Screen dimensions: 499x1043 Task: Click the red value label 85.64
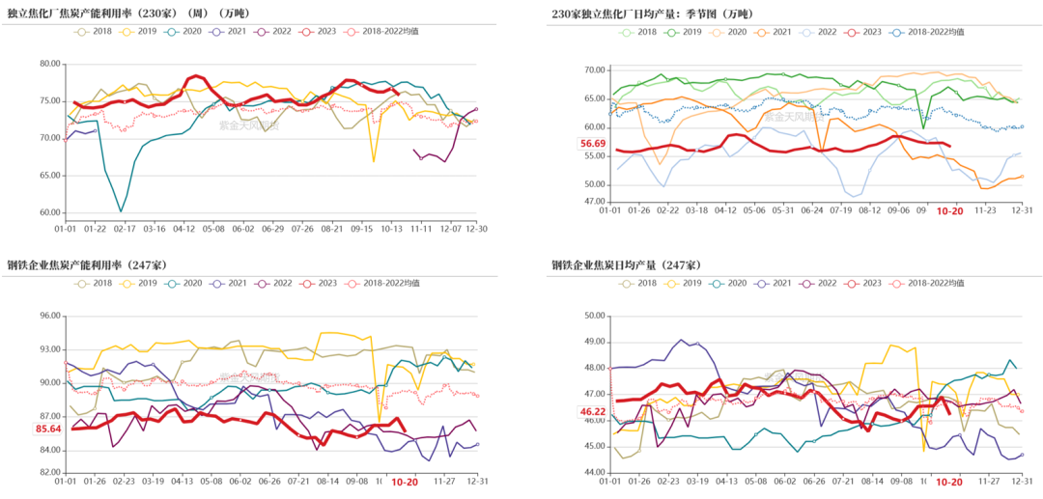coord(48,429)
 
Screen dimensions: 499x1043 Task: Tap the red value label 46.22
coord(592,412)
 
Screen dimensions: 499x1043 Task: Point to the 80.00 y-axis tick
coord(49,64)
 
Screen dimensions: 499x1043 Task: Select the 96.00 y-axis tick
coord(49,316)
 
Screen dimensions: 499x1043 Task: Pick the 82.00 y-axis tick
coord(49,472)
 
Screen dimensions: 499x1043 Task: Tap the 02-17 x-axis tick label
coord(125,228)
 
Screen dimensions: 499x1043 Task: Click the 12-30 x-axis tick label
coord(477,228)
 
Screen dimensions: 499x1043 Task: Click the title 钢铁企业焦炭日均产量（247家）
coord(626,264)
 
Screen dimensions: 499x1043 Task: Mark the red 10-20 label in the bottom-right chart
coord(950,481)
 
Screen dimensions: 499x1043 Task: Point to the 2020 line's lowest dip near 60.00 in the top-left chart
coord(121,210)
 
